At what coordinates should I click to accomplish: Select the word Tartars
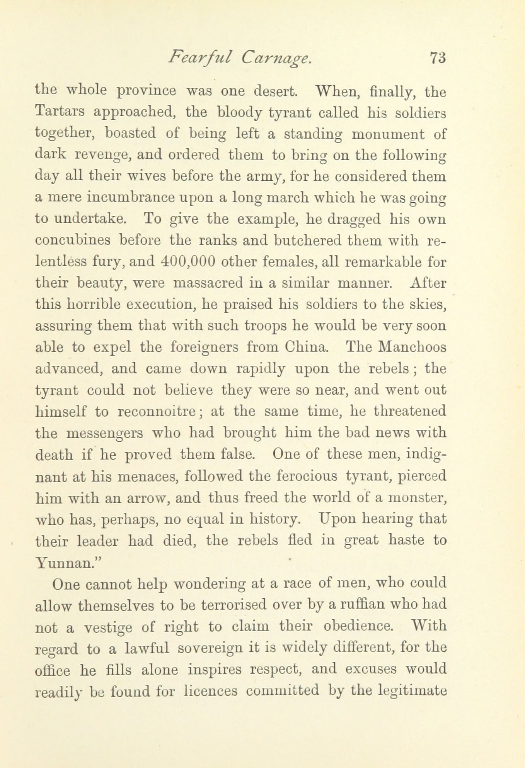point(60,112)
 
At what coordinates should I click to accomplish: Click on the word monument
point(388,134)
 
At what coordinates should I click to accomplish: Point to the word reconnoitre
point(157,412)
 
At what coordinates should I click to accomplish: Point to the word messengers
point(104,433)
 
